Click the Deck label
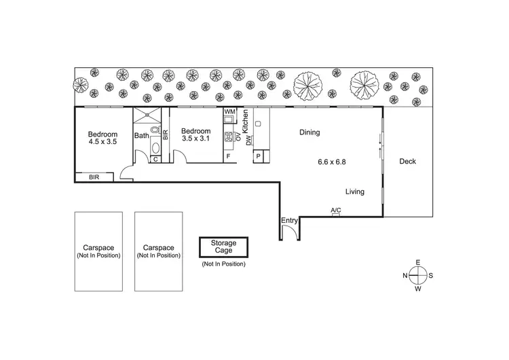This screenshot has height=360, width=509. (407, 161)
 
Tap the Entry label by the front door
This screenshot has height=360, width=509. (289, 220)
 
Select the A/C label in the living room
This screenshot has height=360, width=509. (335, 211)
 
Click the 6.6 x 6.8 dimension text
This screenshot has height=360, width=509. (333, 162)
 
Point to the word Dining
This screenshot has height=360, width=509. (309, 133)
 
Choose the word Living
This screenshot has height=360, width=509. (354, 192)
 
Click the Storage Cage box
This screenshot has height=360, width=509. (223, 247)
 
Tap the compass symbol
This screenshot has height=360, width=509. (418, 275)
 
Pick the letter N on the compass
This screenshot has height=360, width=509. (405, 275)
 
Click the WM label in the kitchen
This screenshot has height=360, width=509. (229, 111)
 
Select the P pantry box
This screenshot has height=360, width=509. (259, 157)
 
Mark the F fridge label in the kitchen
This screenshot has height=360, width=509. (228, 157)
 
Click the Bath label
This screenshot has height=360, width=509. (141, 136)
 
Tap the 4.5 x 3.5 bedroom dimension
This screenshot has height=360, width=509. (102, 142)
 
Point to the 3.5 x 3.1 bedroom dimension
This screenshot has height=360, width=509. (197, 139)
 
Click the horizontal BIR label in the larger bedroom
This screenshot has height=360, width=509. (95, 177)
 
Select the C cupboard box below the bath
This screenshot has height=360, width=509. (155, 159)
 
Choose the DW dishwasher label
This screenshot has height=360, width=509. (248, 140)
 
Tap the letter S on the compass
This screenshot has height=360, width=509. (431, 275)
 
